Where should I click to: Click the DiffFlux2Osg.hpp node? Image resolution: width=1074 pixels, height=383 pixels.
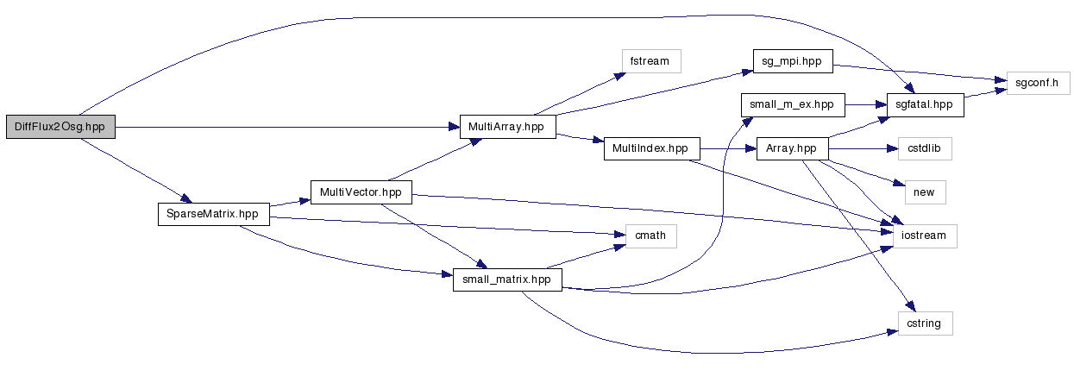[60, 127]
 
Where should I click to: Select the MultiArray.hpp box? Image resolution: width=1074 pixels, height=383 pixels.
[507, 127]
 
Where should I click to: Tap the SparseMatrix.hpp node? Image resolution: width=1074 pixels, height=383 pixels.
[213, 214]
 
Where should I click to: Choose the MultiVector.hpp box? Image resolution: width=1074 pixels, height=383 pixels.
[361, 191]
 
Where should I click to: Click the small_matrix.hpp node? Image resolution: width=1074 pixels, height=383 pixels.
[507, 279]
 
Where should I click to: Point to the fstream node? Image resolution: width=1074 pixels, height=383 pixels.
[651, 61]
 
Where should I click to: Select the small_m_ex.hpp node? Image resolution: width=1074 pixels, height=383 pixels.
[793, 104]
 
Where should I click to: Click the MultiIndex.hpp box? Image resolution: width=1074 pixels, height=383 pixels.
[650, 148]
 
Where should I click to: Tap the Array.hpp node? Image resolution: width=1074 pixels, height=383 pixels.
[792, 148]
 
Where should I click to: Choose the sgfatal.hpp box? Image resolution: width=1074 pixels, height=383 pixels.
[925, 104]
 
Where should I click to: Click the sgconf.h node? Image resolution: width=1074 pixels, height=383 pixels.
[1039, 84]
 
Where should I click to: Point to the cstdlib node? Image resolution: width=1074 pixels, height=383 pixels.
[925, 148]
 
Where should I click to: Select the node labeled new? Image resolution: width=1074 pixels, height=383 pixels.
[923, 191]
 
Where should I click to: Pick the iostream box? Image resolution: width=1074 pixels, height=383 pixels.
[925, 235]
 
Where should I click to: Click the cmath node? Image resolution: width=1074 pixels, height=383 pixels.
[645, 235]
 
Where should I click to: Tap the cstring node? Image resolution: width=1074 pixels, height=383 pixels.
[925, 323]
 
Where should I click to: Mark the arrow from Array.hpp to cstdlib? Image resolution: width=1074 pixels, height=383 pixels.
[863, 148]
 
